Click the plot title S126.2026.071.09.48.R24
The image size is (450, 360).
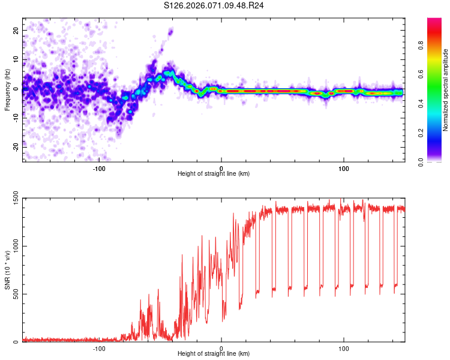(x=214, y=5)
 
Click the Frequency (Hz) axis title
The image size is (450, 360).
(x=7, y=89)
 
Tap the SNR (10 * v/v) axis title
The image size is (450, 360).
(x=7, y=270)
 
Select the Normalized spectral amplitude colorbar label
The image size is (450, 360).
(x=446, y=89)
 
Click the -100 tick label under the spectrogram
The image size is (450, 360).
(x=100, y=167)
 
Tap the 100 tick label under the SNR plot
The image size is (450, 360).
(x=344, y=348)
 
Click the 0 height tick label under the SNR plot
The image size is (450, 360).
(x=221, y=348)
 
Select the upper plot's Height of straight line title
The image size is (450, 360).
(x=214, y=174)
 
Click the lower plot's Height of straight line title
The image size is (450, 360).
(x=214, y=355)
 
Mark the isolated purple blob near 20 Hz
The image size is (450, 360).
(x=170, y=32)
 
